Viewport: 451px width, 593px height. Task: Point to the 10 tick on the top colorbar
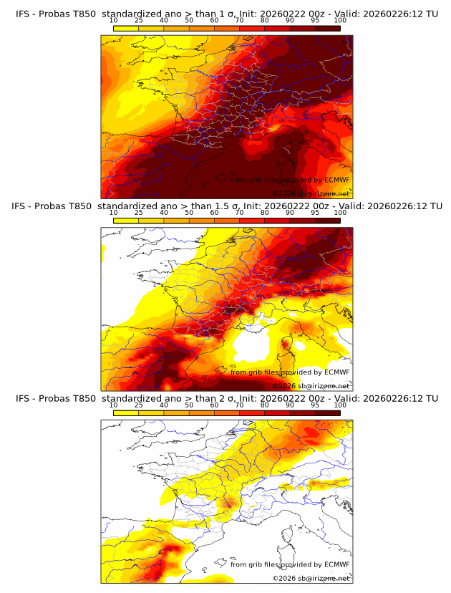[114, 20]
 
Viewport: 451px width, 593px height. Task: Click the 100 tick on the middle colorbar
[340, 213]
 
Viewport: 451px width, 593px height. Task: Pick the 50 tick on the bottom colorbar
[189, 405]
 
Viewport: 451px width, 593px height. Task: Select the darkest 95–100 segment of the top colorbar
[327, 28]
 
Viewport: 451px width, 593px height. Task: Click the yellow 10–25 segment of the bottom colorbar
[126, 413]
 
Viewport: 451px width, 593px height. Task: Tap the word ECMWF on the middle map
[336, 372]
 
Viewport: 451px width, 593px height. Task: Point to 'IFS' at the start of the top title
[23, 14]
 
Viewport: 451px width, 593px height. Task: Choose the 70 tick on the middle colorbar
[239, 213]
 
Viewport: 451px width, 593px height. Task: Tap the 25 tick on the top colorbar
[139, 20]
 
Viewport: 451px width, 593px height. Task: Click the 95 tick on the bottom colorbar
[315, 405]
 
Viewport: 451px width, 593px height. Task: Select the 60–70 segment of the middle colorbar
[227, 221]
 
